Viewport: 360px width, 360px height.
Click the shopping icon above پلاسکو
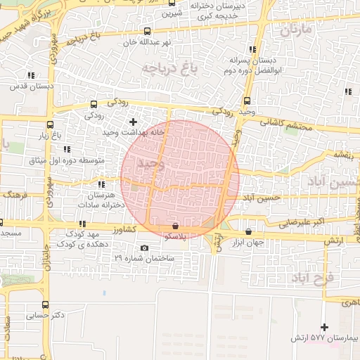point(175,226)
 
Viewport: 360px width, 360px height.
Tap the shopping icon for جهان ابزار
point(249,231)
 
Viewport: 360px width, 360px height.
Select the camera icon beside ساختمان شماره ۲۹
point(145,247)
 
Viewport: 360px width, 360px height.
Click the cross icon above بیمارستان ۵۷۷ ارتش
point(324,327)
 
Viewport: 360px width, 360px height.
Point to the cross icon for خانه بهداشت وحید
point(133,122)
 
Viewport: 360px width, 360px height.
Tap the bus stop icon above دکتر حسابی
point(46,305)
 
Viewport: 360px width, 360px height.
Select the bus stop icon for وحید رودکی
point(247,101)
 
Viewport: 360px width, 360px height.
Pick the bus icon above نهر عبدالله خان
point(147,31)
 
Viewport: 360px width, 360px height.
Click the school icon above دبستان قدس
point(31,75)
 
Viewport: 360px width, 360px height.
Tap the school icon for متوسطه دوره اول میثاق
point(67,149)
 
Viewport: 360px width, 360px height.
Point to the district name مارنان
point(295,30)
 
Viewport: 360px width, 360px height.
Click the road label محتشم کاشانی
point(285,124)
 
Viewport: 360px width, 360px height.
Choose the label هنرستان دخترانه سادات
point(103,199)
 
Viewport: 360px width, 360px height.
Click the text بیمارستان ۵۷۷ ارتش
point(325,339)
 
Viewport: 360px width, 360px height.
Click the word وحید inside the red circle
point(150,163)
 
